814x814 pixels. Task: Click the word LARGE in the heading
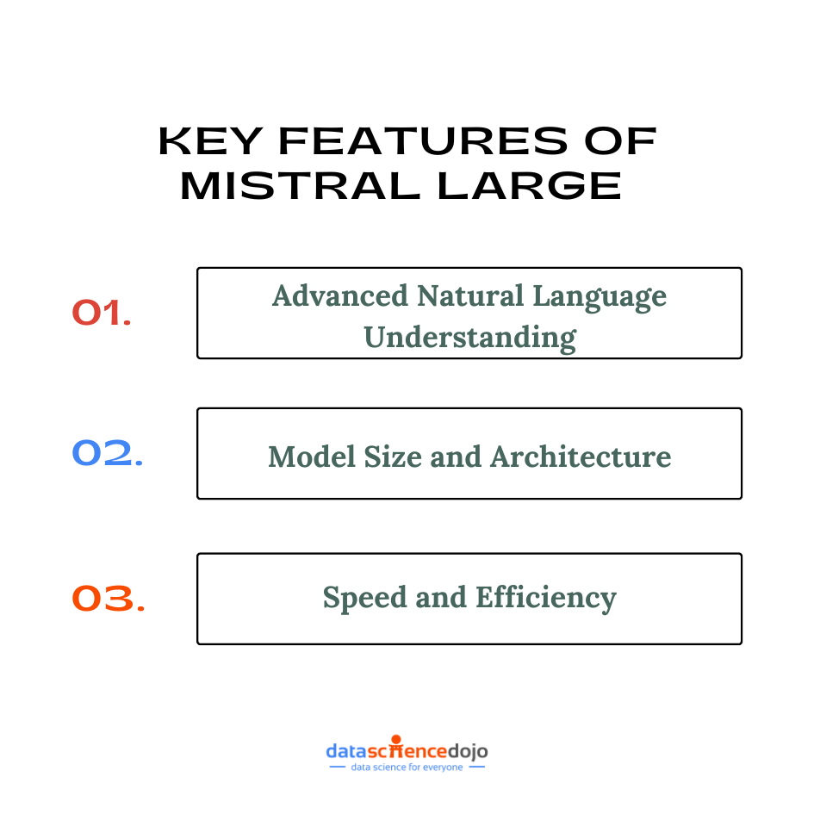529,186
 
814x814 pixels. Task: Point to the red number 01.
102,313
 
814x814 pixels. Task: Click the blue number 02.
108,453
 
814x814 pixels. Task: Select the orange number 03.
108,599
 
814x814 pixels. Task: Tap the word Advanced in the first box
340,295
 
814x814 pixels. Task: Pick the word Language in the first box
600,297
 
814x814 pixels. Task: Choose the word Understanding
469,336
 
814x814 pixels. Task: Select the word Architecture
581,456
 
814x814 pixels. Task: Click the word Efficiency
543,598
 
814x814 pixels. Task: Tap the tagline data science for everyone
407,767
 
